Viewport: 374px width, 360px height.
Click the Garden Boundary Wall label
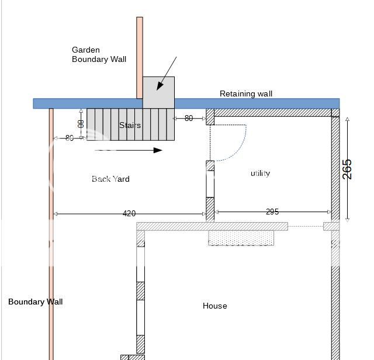[99, 54]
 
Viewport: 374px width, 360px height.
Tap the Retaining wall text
[246, 94]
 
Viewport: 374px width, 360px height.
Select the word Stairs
[130, 125]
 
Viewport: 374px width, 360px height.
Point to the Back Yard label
[110, 179]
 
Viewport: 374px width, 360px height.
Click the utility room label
[260, 173]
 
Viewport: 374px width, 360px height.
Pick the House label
[214, 306]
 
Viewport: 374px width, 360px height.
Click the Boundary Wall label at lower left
[35, 302]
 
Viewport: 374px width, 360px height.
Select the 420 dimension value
[129, 214]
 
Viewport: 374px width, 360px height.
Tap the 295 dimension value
[272, 212]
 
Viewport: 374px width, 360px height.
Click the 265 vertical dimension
[348, 169]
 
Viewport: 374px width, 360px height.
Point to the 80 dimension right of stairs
[189, 118]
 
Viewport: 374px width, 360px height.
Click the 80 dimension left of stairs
[70, 138]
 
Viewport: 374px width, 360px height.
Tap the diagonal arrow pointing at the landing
[167, 74]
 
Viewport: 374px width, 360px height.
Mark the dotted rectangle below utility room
[241, 238]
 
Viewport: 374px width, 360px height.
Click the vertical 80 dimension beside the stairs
[81, 124]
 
